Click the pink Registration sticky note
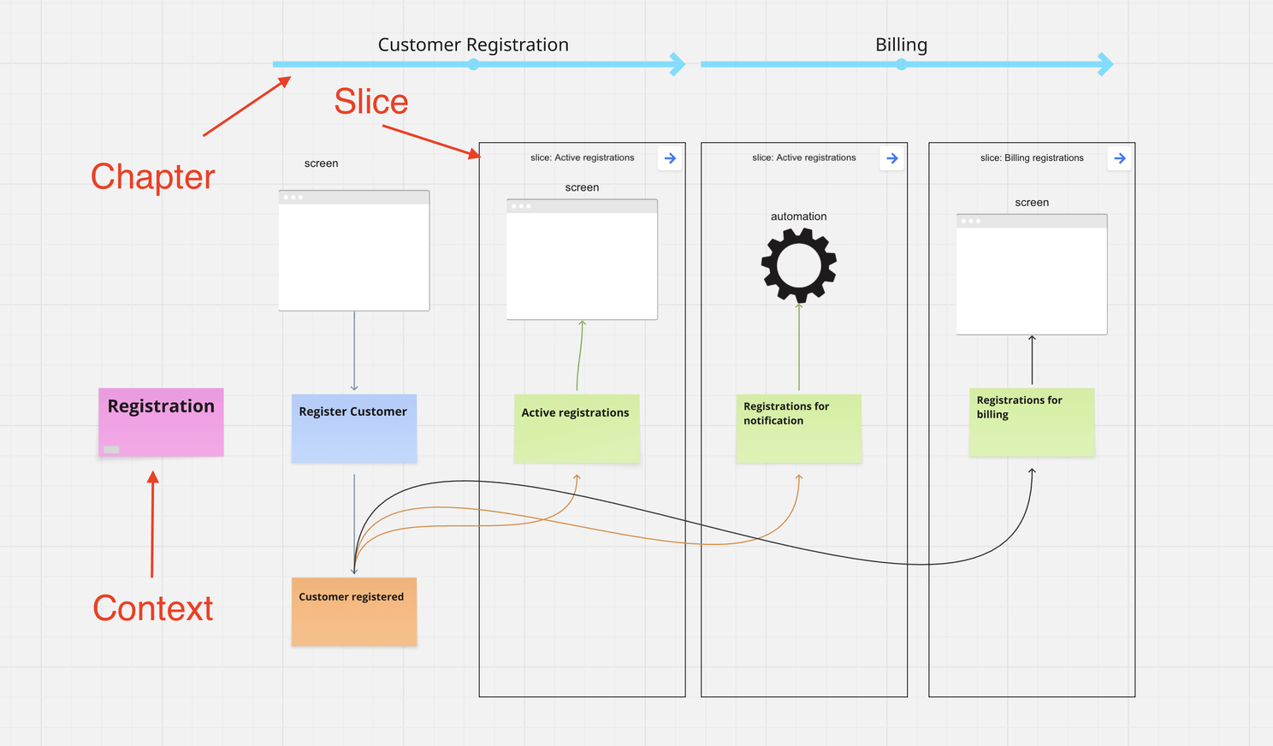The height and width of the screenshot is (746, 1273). tap(161, 422)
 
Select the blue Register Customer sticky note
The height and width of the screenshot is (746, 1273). tap(353, 428)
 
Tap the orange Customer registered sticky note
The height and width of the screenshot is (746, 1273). tap(353, 611)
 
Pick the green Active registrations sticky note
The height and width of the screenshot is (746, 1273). tap(576, 428)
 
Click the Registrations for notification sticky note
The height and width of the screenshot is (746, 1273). tap(798, 428)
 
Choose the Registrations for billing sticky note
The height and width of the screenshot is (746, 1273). tap(1031, 422)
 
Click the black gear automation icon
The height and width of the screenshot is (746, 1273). tap(798, 265)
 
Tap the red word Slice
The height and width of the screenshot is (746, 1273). tap(370, 102)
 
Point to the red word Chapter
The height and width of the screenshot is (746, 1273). tap(152, 177)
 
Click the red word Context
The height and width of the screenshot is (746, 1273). tap(152, 608)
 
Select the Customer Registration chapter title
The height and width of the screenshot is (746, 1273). tap(473, 44)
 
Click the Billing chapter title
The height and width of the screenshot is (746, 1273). tap(901, 44)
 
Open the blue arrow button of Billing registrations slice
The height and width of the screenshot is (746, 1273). tap(1119, 158)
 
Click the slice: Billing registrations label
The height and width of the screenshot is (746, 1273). tap(1032, 157)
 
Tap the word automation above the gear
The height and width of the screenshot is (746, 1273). tap(798, 216)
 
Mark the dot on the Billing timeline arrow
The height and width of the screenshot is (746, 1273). tap(901, 64)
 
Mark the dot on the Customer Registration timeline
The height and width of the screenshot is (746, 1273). tap(473, 64)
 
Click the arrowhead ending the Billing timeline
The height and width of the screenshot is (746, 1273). tap(1105, 64)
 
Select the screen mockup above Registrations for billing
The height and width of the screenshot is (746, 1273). tap(1031, 275)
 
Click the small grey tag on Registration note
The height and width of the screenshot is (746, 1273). tap(111, 449)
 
